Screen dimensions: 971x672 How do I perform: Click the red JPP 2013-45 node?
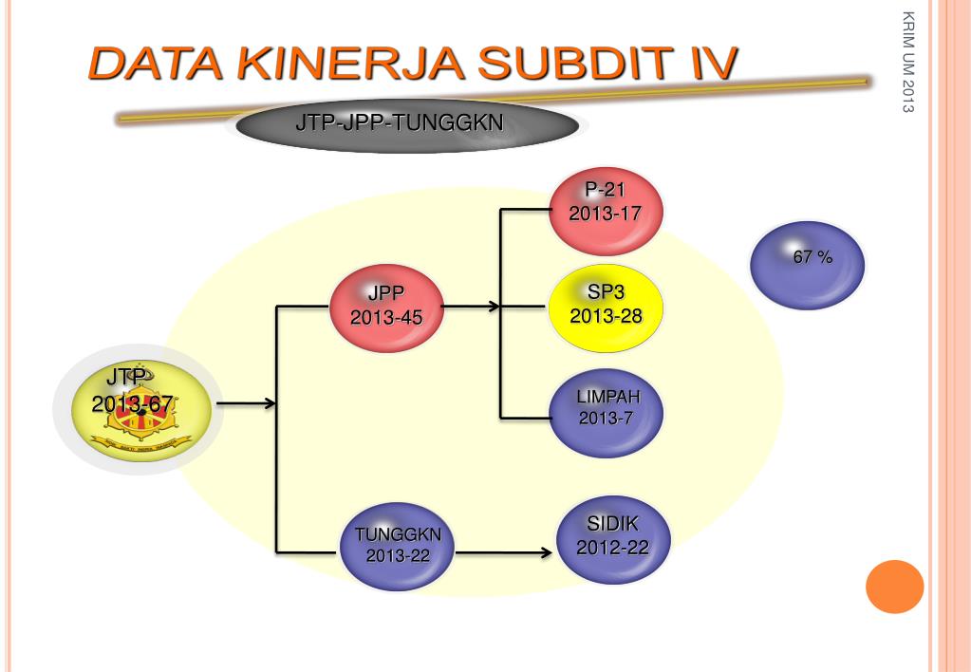[x=386, y=306]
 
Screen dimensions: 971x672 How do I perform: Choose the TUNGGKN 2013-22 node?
[x=398, y=546]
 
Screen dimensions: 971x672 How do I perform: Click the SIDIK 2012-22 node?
[x=612, y=537]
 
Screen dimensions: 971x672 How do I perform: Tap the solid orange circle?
[x=894, y=587]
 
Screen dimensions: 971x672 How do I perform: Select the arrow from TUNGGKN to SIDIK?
[x=503, y=551]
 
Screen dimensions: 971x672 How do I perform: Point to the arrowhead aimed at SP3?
[x=494, y=307]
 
